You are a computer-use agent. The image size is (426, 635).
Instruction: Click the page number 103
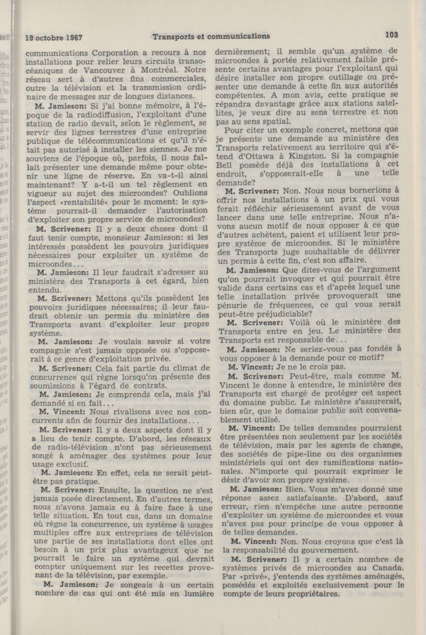(391, 35)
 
